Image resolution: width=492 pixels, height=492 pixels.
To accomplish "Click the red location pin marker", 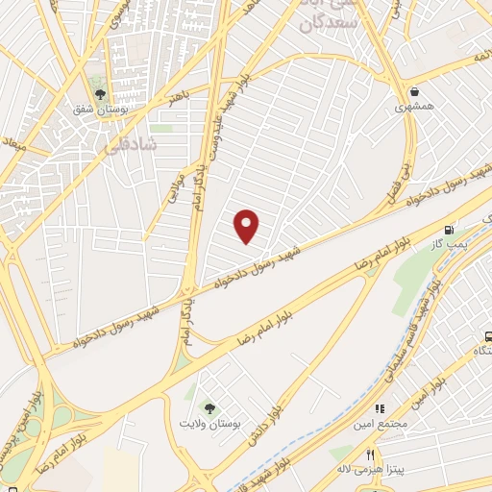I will tap(248, 226).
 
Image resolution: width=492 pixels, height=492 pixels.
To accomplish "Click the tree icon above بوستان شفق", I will tap(99, 93).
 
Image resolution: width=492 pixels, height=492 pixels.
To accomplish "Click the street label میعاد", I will tap(14, 145).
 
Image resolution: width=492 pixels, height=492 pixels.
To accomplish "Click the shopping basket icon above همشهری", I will tap(414, 92).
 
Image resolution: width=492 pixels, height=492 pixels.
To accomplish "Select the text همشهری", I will tap(415, 107).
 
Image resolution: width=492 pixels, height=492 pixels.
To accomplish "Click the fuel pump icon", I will tap(448, 230).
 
